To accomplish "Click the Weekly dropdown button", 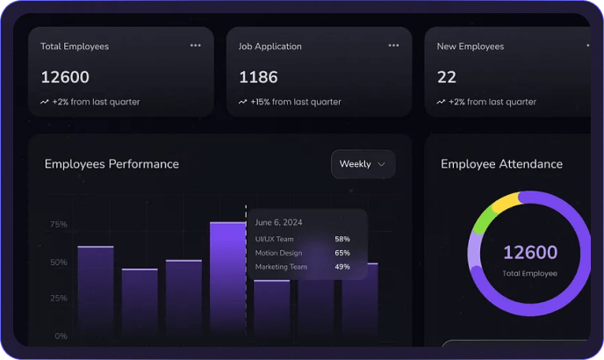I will point(363,164).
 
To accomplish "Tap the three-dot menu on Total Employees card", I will point(195,46).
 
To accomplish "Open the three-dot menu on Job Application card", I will point(393,46).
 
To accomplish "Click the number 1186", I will point(258,77).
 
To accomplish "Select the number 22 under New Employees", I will point(447,77).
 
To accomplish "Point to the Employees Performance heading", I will point(111,164).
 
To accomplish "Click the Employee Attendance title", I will point(501,164).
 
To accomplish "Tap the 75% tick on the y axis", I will point(58,225).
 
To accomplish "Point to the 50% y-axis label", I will point(58,263).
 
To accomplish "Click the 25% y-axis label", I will point(58,299).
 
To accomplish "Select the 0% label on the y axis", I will point(61,336).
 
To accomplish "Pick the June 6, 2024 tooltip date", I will point(278,222).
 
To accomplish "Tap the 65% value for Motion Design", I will point(342,253).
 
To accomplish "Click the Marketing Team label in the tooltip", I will point(281,267).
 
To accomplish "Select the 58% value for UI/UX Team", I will point(342,239).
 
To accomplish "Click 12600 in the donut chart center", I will point(529,253).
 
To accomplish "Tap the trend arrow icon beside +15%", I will point(242,102).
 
